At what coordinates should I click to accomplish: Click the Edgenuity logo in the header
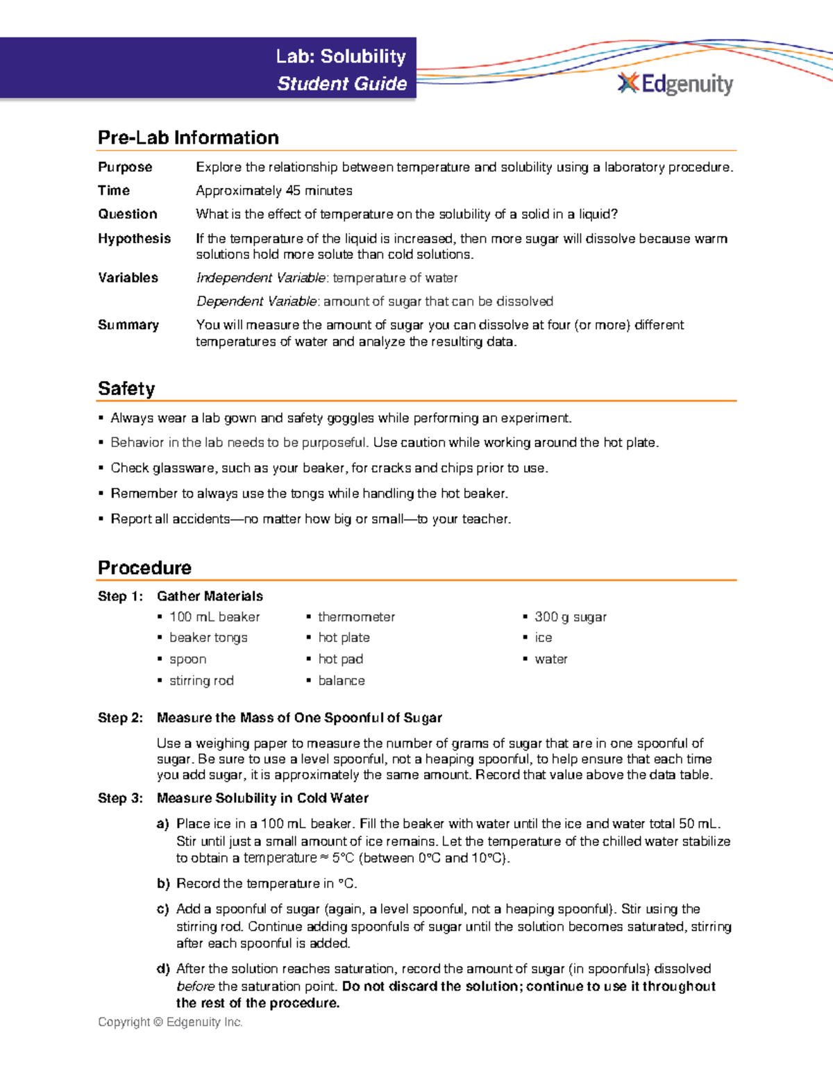click(x=675, y=84)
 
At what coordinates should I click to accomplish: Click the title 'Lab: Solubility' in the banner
click(x=340, y=56)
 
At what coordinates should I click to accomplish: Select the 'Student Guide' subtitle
click(x=342, y=84)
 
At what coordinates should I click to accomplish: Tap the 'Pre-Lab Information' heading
click(x=188, y=137)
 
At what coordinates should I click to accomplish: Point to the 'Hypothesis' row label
click(x=134, y=238)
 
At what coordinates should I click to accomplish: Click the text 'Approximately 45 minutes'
click(x=274, y=190)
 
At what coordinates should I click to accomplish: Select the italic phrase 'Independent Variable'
click(x=260, y=278)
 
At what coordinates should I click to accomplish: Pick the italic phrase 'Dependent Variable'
click(x=256, y=301)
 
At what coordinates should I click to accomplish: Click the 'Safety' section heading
click(x=126, y=388)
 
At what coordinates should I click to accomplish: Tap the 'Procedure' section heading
click(x=144, y=568)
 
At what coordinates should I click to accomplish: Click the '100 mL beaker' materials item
click(x=214, y=616)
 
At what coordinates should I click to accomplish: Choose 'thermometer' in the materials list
click(x=356, y=616)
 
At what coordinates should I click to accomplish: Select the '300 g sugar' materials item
click(x=570, y=616)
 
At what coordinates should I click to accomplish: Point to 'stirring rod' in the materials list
click(x=201, y=680)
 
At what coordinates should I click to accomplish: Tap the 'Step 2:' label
click(x=120, y=718)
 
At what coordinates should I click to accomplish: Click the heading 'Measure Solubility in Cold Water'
click(x=262, y=798)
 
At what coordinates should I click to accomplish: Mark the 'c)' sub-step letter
click(x=163, y=909)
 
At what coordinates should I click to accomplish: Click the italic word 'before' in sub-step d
click(x=195, y=986)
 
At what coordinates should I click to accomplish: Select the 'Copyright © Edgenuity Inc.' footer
click(x=170, y=1022)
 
